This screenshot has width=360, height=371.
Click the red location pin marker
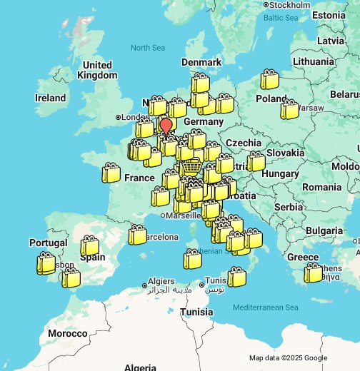click(166, 127)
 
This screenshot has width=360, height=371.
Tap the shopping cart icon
click(191, 167)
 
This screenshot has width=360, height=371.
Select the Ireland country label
click(51, 98)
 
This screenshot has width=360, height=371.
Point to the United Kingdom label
click(97, 70)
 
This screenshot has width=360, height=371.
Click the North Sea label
click(148, 48)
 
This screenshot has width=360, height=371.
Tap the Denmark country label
click(201, 62)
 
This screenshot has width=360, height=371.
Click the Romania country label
click(322, 187)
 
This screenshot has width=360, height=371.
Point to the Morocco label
click(68, 333)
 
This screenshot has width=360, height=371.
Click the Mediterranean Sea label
click(266, 308)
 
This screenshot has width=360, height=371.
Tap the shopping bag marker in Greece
click(313, 273)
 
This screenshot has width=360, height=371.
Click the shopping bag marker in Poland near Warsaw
click(289, 109)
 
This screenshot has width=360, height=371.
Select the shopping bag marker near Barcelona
click(137, 234)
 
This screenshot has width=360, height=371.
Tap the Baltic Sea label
click(281, 17)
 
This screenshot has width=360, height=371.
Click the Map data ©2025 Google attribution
click(288, 358)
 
